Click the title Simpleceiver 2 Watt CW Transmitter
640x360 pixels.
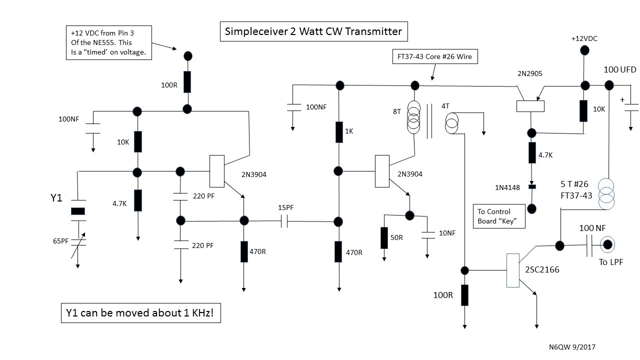314,31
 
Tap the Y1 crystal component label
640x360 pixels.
56,198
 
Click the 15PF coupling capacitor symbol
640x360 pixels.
285,221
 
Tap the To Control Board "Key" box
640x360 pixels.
499,216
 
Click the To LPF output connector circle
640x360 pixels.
607,244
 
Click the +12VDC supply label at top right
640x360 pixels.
584,38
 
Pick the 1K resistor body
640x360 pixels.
339,131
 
